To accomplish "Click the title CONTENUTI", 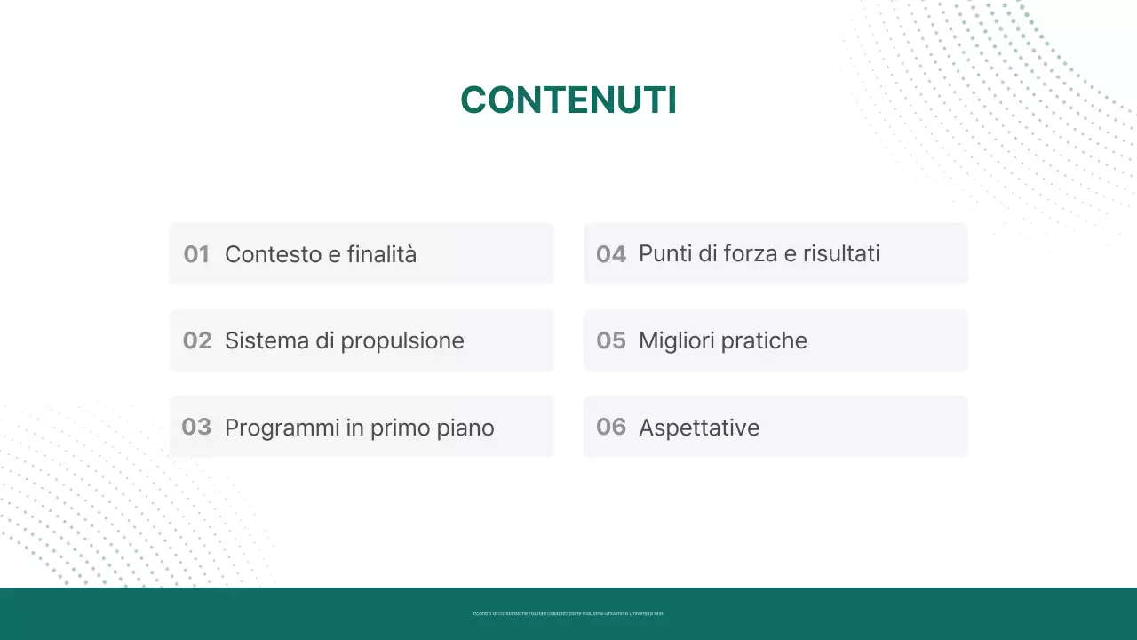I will click(x=568, y=100).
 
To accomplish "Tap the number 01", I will click(x=196, y=254).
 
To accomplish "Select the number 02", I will click(x=197, y=340).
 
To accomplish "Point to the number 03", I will click(x=196, y=427).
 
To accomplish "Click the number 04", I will click(x=611, y=254).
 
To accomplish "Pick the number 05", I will click(x=611, y=340).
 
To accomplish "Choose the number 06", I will click(x=611, y=427).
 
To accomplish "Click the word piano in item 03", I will click(x=465, y=428).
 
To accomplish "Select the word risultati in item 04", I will click(x=841, y=254).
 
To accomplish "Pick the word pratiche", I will click(x=764, y=341).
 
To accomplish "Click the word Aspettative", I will click(x=699, y=428).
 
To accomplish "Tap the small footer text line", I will click(x=568, y=613).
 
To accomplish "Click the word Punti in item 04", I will click(x=665, y=254).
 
